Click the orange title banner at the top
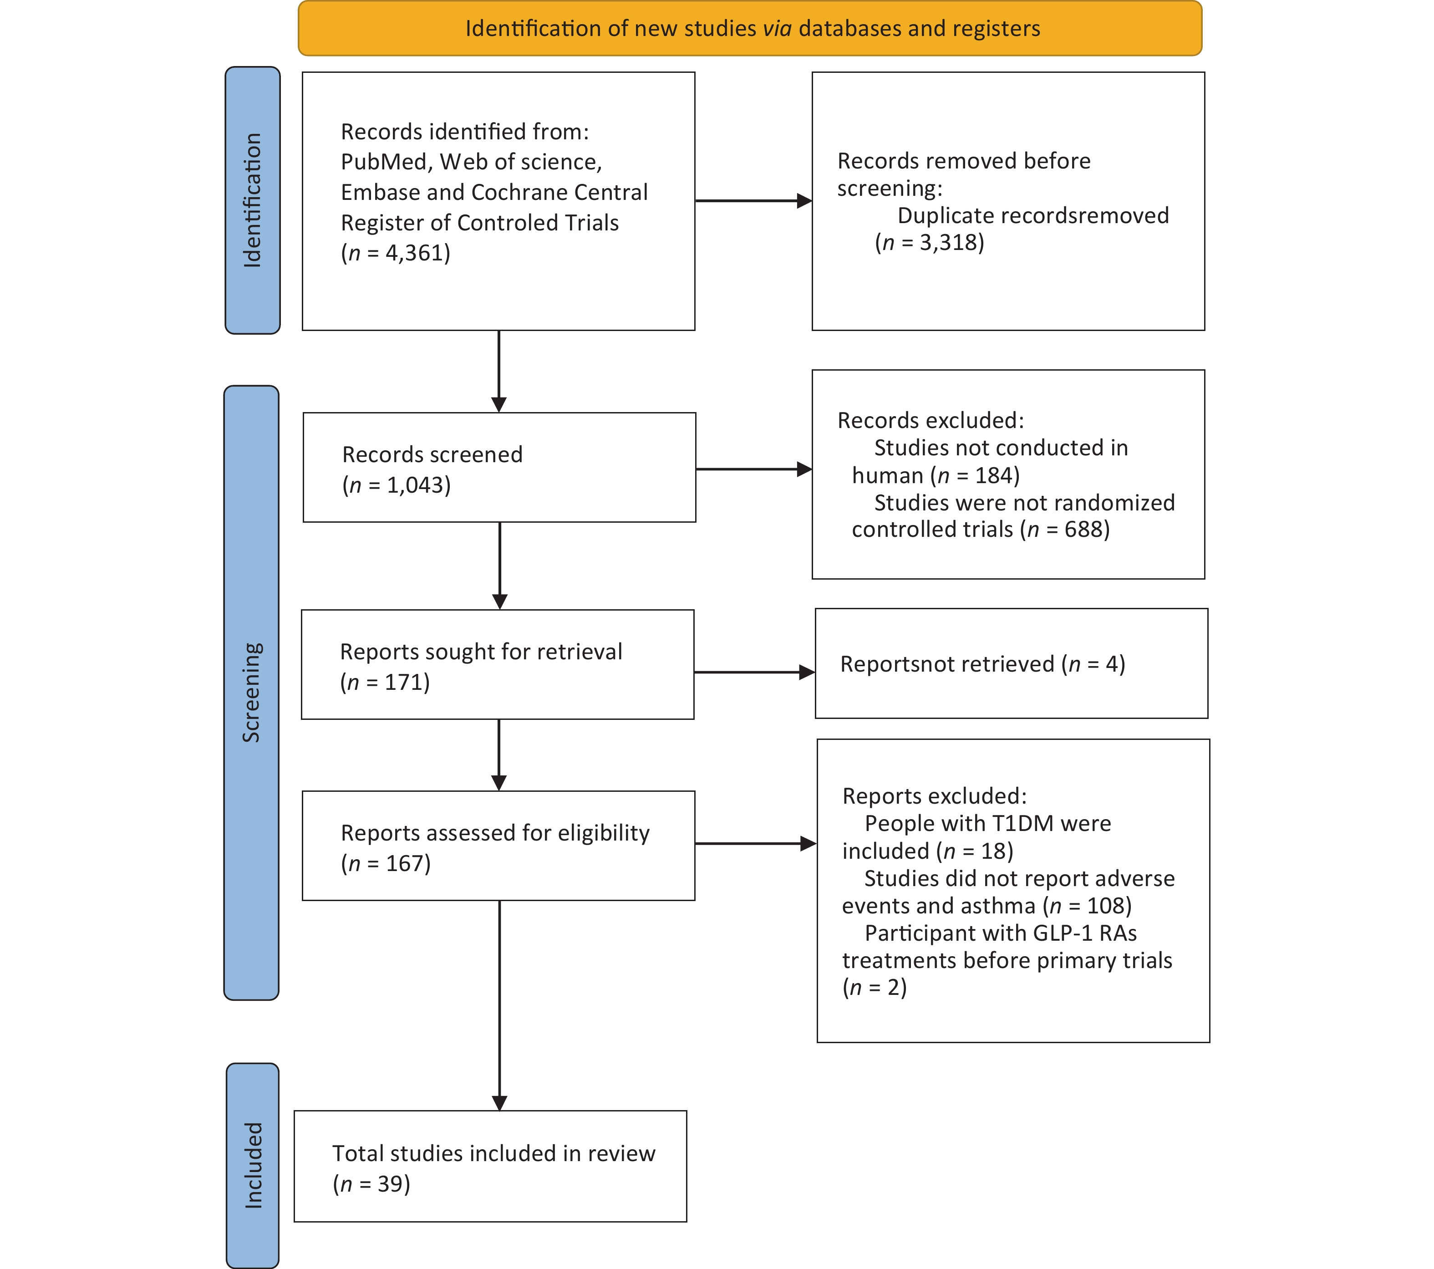pyautogui.click(x=750, y=28)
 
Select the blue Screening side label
pyautogui.click(x=251, y=693)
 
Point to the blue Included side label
pyautogui.click(x=253, y=1165)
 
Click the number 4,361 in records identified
pyautogui.click(x=417, y=253)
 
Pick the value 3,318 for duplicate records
pyautogui.click(x=952, y=243)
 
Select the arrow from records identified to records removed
pyautogui.click(x=753, y=201)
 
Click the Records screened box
pyautogui.click(x=499, y=468)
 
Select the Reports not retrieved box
pyautogui.click(x=1012, y=663)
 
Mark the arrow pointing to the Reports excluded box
pyautogui.click(x=756, y=844)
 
